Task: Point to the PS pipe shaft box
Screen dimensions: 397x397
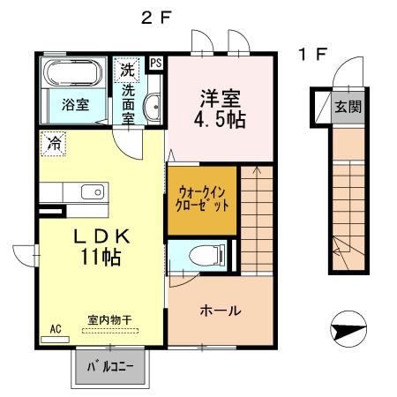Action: pos(156,63)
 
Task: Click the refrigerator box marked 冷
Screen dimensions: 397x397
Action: pos(52,141)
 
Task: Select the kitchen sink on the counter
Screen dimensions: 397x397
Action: pos(92,192)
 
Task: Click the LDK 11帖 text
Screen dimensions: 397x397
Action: pos(101,246)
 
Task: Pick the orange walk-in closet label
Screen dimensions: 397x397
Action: pos(203,198)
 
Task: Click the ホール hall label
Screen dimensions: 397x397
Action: pos(221,311)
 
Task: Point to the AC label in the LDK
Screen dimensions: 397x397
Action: pos(55,329)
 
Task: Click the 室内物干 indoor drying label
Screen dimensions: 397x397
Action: pos(110,319)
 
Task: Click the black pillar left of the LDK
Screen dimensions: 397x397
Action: pos(52,212)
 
